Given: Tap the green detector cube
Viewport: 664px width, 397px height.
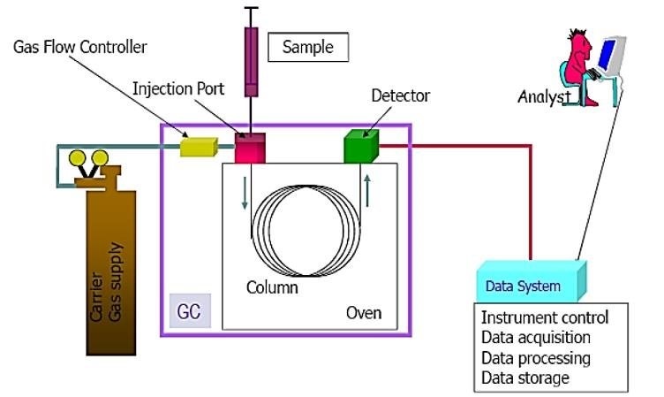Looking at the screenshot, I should pyautogui.click(x=361, y=146).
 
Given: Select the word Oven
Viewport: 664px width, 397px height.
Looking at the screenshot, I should pyautogui.click(x=363, y=313).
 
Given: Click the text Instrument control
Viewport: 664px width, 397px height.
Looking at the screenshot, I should pyautogui.click(x=545, y=317).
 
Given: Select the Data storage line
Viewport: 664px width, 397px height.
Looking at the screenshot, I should pyautogui.click(x=524, y=378).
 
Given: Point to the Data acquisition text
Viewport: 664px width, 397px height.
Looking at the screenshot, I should pyautogui.click(x=535, y=338).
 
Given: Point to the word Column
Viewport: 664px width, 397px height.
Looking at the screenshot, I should pyautogui.click(x=272, y=288).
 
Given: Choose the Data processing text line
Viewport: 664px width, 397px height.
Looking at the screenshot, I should pyautogui.click(x=535, y=358).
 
